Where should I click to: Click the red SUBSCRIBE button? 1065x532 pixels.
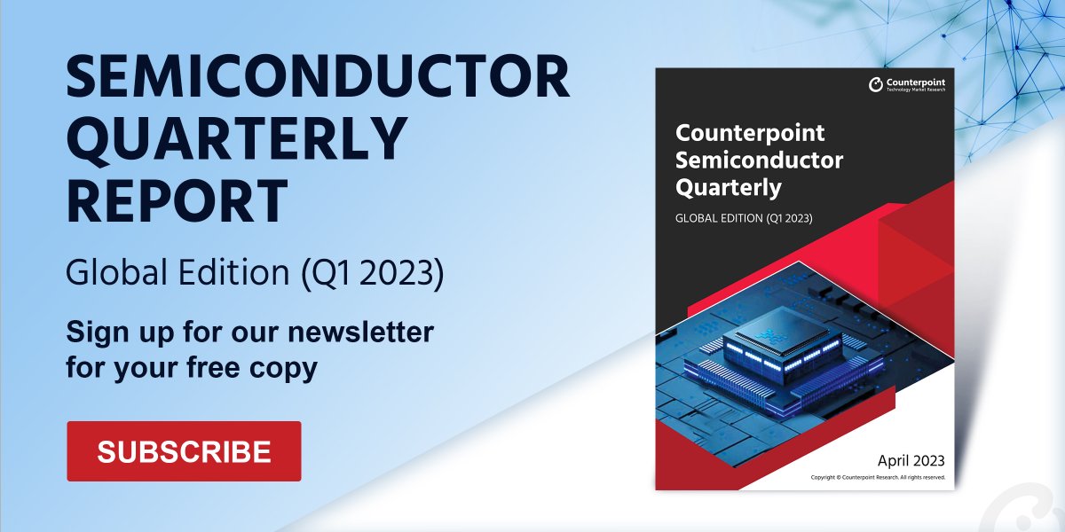coord(184,450)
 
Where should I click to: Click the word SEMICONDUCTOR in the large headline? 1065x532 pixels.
coord(318,77)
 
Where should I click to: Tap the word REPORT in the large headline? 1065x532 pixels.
coord(177,200)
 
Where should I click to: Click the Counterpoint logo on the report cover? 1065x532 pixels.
coord(907,85)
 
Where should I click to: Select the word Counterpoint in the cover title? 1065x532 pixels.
coord(750,133)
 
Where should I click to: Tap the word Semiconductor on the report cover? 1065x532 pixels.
coord(759,160)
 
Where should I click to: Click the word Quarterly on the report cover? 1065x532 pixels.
coord(728,188)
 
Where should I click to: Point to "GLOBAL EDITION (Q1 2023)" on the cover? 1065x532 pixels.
coord(744,218)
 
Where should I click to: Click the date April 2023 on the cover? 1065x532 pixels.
coord(911,460)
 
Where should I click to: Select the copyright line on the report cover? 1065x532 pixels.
coord(878,477)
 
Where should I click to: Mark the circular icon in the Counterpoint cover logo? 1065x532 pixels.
coord(876,85)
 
